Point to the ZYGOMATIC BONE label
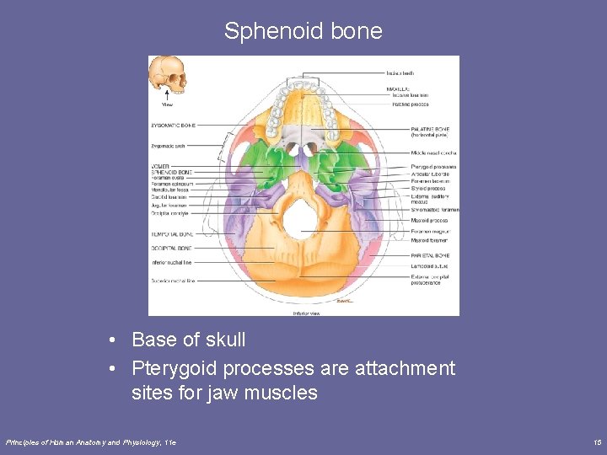pyautogui.click(x=173, y=125)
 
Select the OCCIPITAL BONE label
pyautogui.click(x=171, y=249)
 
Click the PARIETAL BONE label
pyautogui.click(x=430, y=255)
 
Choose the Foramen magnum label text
pyautogui.click(x=430, y=231)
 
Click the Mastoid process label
pyautogui.click(x=429, y=221)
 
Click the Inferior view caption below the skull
pyautogui.click(x=305, y=313)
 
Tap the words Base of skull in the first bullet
pyautogui.click(x=189, y=340)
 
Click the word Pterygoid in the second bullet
pyautogui.click(x=174, y=368)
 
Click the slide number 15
pyautogui.click(x=596, y=442)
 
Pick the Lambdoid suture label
pyautogui.click(x=429, y=265)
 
